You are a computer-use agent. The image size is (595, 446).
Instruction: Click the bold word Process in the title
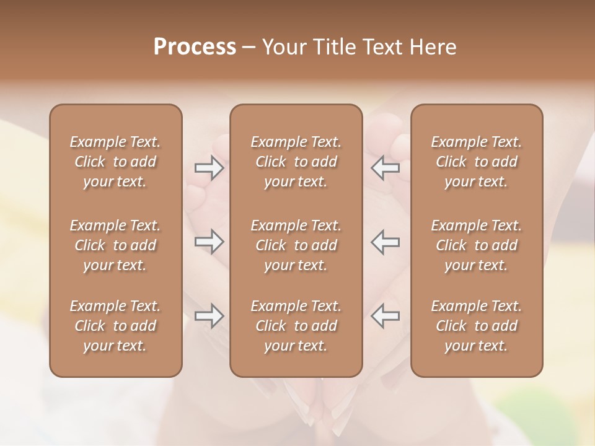(195, 47)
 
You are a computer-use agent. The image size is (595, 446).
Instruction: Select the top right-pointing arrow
(209, 168)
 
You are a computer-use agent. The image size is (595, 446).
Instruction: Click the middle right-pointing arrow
(209, 242)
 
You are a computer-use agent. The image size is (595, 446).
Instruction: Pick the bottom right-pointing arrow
(209, 316)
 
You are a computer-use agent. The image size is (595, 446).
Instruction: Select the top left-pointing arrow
(386, 168)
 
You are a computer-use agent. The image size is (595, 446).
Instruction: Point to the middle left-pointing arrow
(386, 242)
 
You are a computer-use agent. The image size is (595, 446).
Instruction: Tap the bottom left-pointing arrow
(386, 316)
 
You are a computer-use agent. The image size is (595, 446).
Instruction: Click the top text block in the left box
(115, 162)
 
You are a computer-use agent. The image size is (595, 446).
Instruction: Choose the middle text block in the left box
(115, 245)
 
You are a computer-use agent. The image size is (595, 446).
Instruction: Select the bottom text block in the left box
(115, 326)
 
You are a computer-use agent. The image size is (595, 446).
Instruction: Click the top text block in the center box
(296, 162)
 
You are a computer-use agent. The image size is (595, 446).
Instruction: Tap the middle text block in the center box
(296, 245)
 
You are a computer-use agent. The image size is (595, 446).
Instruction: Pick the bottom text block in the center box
(296, 326)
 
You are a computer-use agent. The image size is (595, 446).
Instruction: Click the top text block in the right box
(477, 162)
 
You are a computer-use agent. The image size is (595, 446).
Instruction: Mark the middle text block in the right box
(477, 245)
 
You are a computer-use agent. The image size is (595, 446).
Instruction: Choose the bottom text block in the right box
(477, 326)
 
